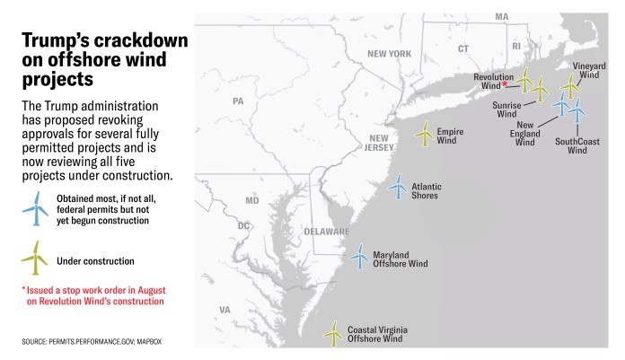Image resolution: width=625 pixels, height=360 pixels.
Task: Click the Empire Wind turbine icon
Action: coord(424,134)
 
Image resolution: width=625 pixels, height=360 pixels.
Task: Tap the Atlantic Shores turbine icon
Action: coord(397,187)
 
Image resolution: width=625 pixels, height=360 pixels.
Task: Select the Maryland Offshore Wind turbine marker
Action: coord(359,256)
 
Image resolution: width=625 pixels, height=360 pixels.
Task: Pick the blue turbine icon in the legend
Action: coord(35,207)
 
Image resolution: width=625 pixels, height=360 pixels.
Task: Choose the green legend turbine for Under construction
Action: coord(35,259)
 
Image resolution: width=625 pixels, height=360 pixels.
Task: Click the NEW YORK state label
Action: coord(389,54)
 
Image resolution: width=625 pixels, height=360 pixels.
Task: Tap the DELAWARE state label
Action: coord(325,231)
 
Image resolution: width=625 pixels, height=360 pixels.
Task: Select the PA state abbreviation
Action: coord(238,101)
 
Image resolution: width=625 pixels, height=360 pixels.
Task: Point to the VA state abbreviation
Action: coord(224,310)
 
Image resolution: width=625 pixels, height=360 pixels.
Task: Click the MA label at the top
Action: coord(501,17)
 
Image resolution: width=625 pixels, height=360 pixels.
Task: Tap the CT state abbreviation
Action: coord(463,48)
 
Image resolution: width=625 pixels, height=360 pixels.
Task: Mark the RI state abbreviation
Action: coord(515,45)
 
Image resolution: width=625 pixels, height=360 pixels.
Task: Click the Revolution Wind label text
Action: coord(494,82)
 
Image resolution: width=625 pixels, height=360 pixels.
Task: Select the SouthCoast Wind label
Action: coord(577,145)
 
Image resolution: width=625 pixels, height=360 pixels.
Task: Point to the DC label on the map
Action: coord(244,225)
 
